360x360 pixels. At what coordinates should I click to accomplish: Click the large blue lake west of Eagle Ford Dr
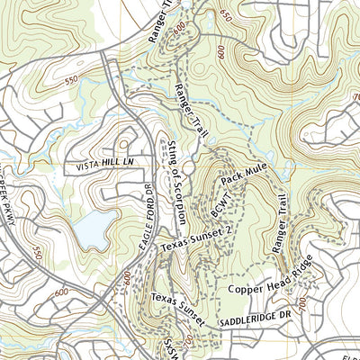tap(93, 233)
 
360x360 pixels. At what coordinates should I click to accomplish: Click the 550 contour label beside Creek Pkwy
tap(37, 254)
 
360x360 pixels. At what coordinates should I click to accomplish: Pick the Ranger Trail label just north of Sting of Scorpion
tap(187, 105)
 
